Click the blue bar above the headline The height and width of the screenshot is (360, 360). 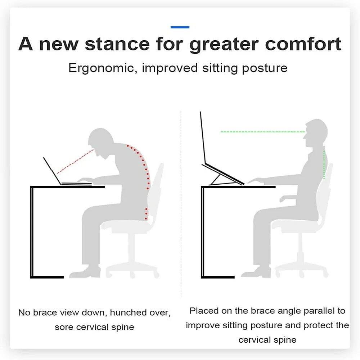pyautogui.click(x=180, y=27)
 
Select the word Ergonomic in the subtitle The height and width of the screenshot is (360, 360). pyautogui.click(x=102, y=68)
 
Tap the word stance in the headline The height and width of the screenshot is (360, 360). pyautogui.click(x=117, y=44)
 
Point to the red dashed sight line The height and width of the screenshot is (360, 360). pyautogui.click(x=75, y=162)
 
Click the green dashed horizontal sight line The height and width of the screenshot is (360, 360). pyautogui.click(x=263, y=132)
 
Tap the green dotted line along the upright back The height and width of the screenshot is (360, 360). pyautogui.click(x=324, y=165)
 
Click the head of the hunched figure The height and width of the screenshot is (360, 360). pyautogui.click(x=101, y=141)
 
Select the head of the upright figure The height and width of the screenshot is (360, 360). pyautogui.click(x=316, y=133)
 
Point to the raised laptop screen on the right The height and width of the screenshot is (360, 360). pyautogui.click(x=203, y=138)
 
